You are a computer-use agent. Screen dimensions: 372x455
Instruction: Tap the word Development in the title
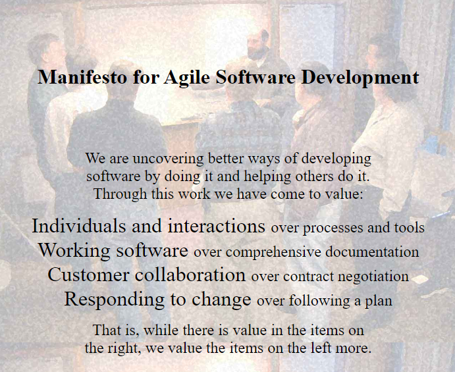[x=360, y=77]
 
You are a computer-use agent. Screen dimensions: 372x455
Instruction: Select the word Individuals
[x=78, y=226]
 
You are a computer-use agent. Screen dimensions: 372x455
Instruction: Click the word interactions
[x=217, y=226]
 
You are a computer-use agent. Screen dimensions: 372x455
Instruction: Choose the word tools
[x=409, y=228]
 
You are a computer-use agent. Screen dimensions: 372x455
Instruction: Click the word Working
[x=68, y=251]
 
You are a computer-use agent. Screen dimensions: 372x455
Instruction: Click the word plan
[x=379, y=302]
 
